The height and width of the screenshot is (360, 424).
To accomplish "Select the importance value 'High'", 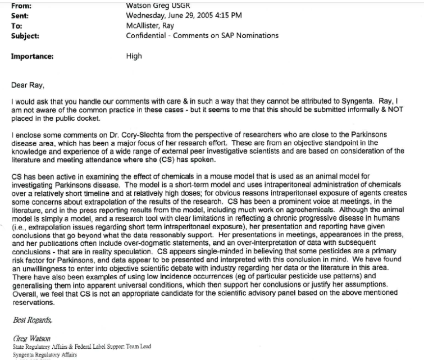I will coord(134,57).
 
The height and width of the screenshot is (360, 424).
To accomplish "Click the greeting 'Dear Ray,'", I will coord(28,86).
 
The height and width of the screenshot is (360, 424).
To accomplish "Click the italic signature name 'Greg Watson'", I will coord(32,339).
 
